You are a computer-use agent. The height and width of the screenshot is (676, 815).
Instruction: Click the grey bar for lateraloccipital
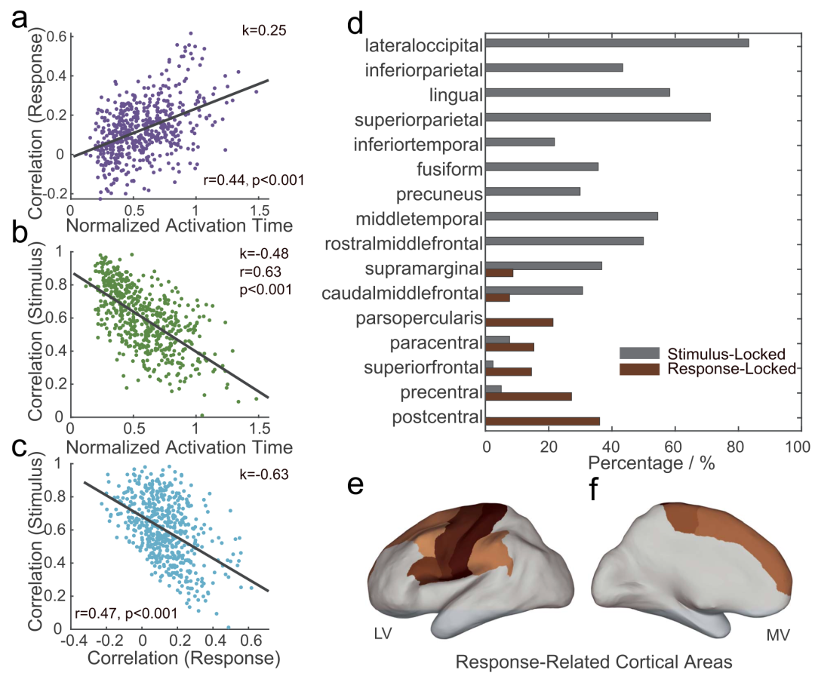click(617, 42)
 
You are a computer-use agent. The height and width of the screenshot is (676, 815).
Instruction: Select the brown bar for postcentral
click(543, 420)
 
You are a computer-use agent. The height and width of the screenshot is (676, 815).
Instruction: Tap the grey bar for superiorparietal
click(598, 117)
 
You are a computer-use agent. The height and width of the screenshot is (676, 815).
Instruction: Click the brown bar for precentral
click(528, 395)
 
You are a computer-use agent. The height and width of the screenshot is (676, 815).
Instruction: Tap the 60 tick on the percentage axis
click(674, 447)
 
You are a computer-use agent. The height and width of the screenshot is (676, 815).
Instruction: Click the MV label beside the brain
click(777, 635)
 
